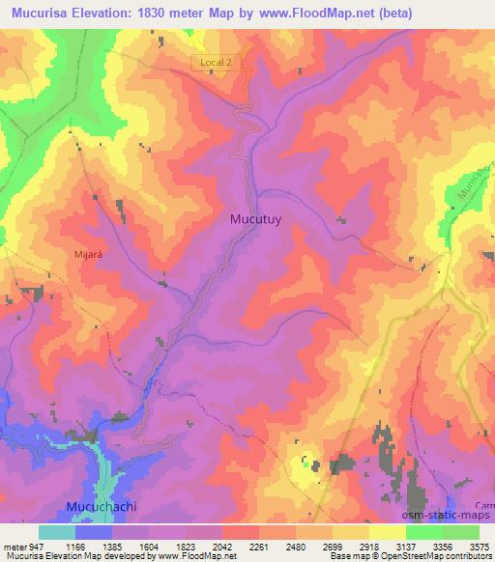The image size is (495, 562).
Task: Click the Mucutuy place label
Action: coord(255,218)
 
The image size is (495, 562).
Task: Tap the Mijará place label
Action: coord(88,254)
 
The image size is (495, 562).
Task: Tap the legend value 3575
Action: coord(477,546)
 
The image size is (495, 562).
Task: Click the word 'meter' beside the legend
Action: coord(15,546)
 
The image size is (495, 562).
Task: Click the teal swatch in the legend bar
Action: coord(57,532)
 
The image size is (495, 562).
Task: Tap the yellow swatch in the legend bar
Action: coord(387,532)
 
